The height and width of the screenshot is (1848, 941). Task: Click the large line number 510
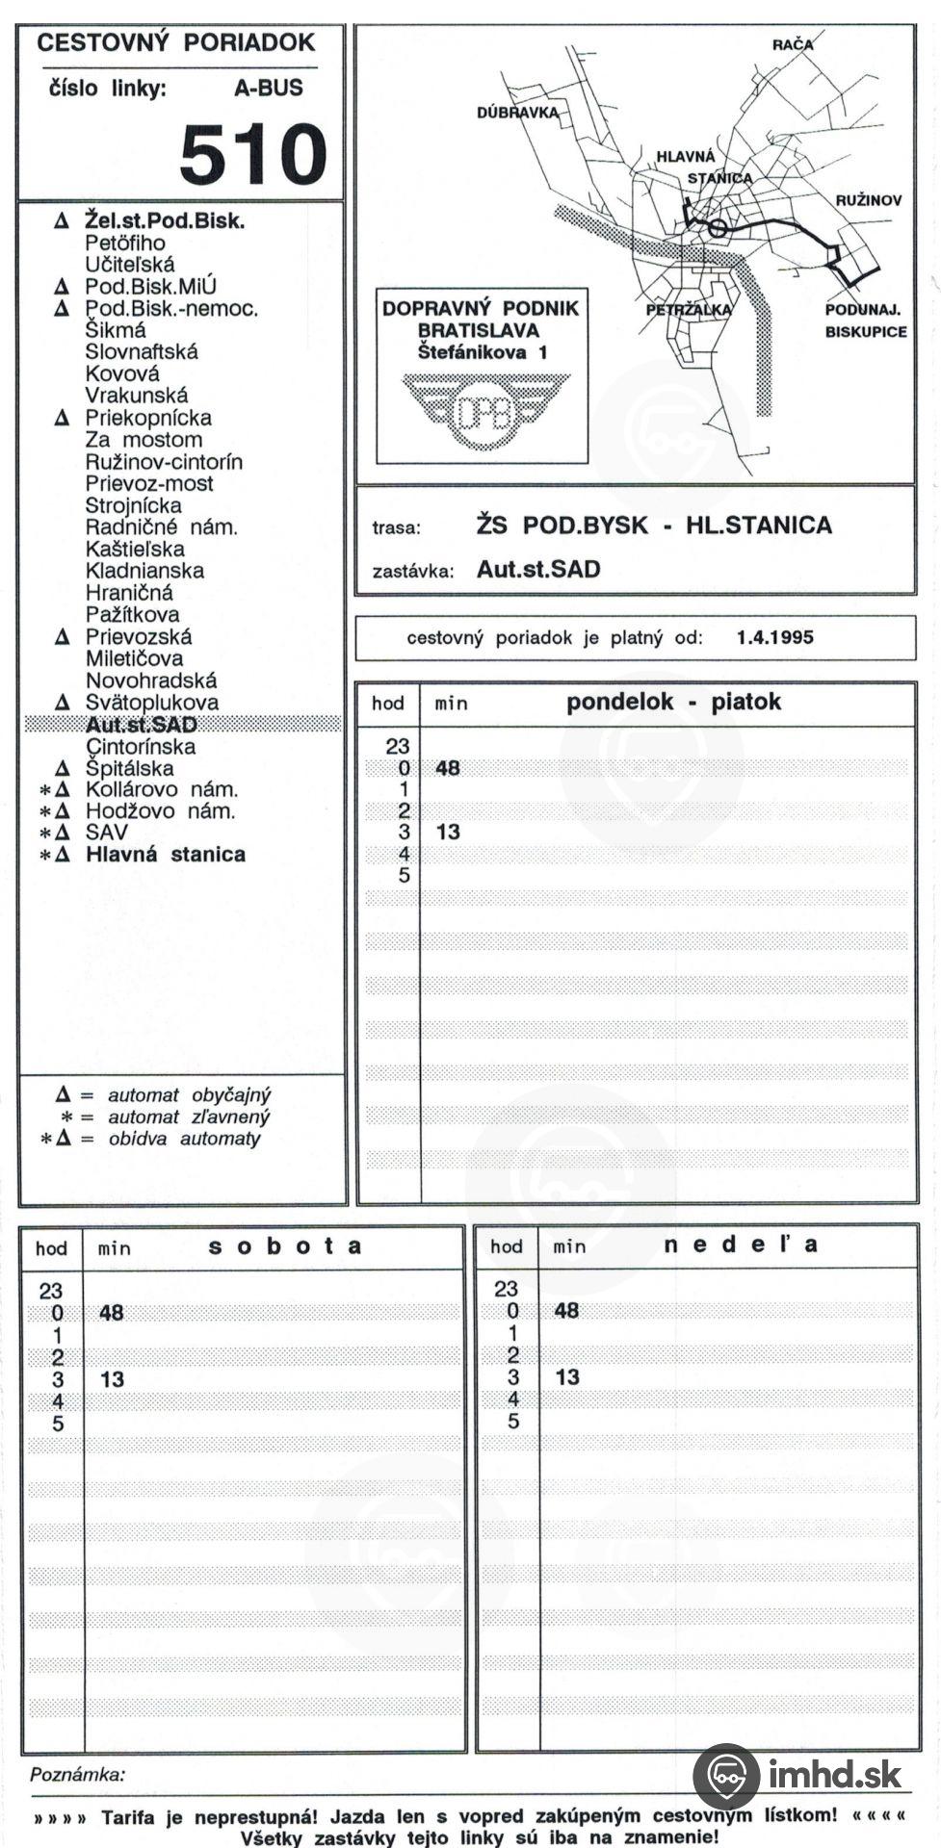(x=253, y=154)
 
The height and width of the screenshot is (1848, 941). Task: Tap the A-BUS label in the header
(x=268, y=89)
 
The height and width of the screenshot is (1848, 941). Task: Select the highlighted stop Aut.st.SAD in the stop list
(x=141, y=725)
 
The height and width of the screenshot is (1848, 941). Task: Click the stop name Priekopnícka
(x=148, y=419)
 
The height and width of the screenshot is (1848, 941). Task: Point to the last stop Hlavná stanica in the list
(x=165, y=855)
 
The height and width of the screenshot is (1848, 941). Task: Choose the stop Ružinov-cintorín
(x=164, y=462)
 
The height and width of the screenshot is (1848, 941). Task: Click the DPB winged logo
(x=483, y=412)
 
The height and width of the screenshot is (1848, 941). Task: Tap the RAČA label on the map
(x=792, y=44)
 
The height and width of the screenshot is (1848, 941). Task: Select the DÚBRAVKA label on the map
(x=517, y=113)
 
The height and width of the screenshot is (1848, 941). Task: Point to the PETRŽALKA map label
(x=689, y=310)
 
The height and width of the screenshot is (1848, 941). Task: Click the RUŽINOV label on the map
(x=868, y=200)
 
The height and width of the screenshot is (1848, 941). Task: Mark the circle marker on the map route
(x=718, y=228)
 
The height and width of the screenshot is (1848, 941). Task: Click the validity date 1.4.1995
(x=774, y=637)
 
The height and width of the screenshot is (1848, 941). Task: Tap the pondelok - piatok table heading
(x=673, y=702)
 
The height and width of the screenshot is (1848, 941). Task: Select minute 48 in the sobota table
(x=112, y=1313)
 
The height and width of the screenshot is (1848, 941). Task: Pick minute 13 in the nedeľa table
(x=567, y=1377)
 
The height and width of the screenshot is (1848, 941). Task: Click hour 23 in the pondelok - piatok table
(x=398, y=746)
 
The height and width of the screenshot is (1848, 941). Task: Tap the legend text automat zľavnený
(x=189, y=1117)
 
